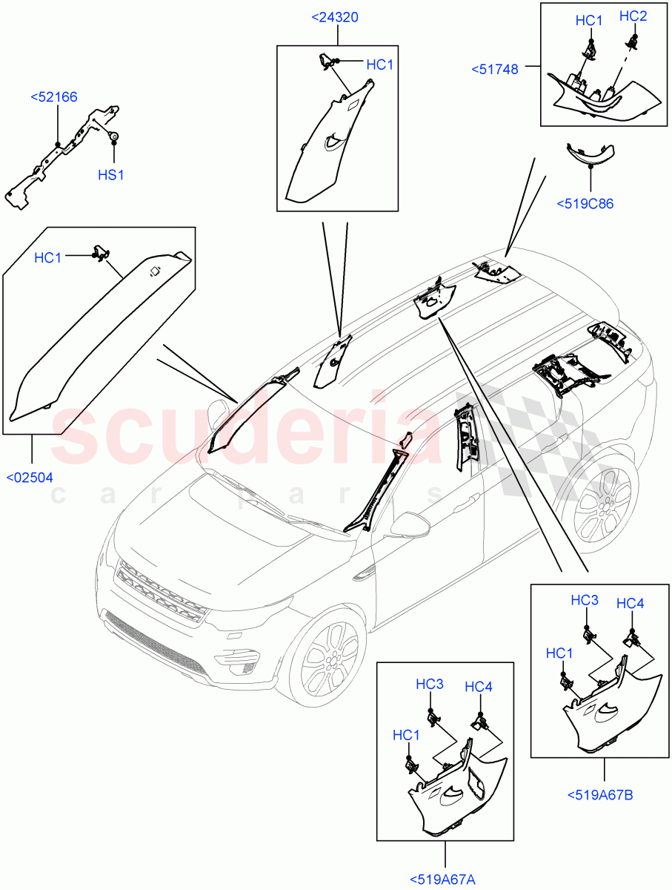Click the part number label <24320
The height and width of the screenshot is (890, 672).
[335, 17]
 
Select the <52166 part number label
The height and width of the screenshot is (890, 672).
[54, 96]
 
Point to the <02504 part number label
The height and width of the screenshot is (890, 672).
[30, 477]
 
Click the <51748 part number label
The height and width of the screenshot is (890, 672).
[495, 69]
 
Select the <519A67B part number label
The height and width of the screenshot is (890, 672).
[600, 795]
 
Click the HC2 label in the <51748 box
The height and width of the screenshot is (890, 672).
[633, 16]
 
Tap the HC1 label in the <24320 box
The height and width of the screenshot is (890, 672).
[379, 65]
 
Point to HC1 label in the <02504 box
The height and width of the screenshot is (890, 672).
[48, 257]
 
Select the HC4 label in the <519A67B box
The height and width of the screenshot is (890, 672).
[630, 604]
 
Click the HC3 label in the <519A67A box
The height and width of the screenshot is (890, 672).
[429, 684]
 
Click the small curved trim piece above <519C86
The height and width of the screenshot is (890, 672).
[590, 154]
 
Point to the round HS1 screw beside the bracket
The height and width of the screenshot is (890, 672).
[115, 136]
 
